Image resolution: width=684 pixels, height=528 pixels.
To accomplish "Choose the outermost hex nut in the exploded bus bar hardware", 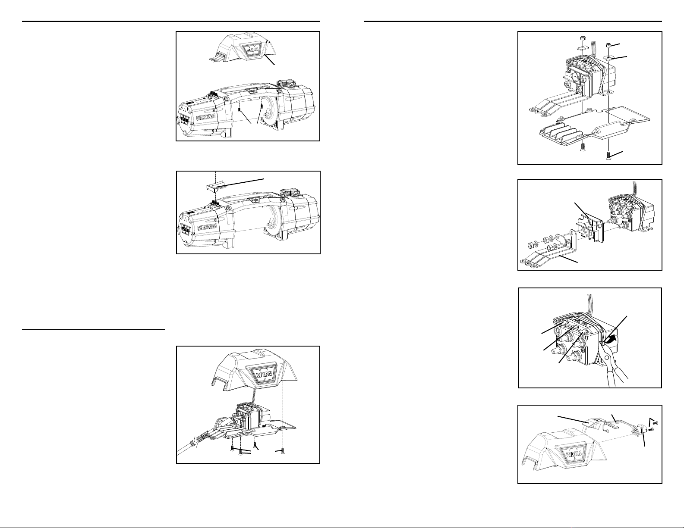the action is [530, 244].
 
